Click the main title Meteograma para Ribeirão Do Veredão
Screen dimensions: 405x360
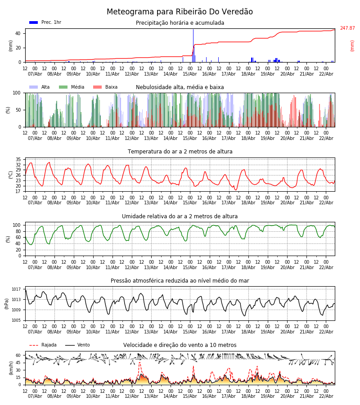(x=180, y=12)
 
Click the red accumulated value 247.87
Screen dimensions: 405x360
(x=347, y=28)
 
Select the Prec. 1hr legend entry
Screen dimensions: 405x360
(x=45, y=22)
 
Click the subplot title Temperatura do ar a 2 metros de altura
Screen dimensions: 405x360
(x=180, y=152)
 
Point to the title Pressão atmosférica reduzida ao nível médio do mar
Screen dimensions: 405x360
(x=180, y=281)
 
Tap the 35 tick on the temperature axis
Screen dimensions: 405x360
(x=18, y=160)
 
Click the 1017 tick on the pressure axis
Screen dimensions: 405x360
(x=16, y=289)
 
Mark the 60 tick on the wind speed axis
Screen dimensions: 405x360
(x=18, y=355)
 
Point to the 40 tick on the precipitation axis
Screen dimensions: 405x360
(x=18, y=34)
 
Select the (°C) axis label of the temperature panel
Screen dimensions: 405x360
(x=10, y=175)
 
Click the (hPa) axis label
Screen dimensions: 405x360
(x=7, y=303)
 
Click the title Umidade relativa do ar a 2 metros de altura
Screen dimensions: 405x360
(x=180, y=216)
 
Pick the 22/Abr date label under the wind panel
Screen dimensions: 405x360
(x=326, y=396)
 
